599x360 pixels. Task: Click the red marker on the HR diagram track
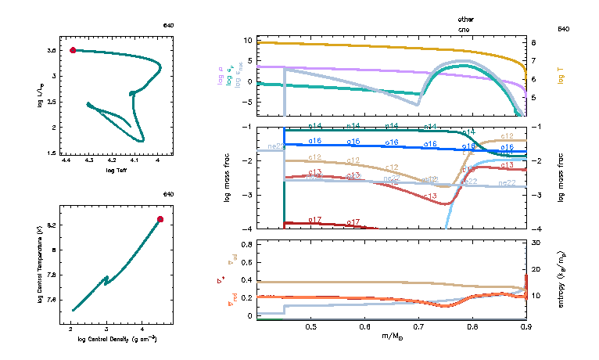[x=73, y=50]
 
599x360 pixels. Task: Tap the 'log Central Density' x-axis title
[x=115, y=339]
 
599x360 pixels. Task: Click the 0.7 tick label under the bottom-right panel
[x=418, y=326]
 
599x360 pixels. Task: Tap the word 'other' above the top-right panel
[x=466, y=19]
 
